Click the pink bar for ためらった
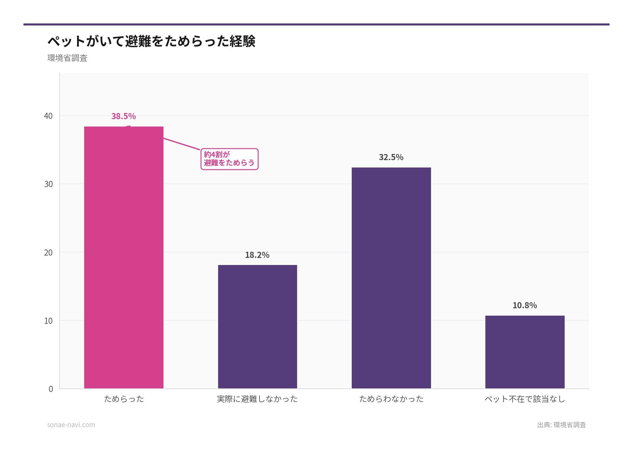point(124,258)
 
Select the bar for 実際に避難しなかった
point(257,327)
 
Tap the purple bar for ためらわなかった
point(391,278)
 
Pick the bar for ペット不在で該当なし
point(525,352)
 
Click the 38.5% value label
point(124,116)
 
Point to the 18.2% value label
point(257,255)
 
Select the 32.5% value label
point(391,157)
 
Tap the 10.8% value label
point(525,305)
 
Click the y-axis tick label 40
point(48,116)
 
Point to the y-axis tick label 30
point(48,184)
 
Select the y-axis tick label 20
point(48,252)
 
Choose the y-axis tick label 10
point(48,321)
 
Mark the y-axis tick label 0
point(51,389)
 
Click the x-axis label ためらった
point(124,399)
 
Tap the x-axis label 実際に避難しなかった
point(257,399)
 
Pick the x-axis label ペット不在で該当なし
point(525,399)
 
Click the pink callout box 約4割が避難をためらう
point(229,159)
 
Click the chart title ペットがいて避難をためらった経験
point(152,41)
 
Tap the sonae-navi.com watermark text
point(71,425)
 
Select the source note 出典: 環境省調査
point(561,425)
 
